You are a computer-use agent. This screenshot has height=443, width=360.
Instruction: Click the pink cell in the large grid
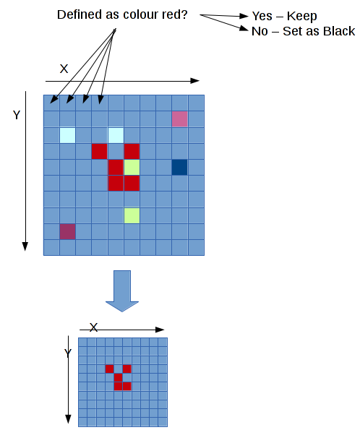pos(180,119)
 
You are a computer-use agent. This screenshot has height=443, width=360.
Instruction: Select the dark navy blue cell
pos(180,167)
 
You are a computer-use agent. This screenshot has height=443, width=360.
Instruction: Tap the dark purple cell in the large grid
pos(67,232)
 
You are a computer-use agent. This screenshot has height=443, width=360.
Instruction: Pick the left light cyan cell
pos(67,135)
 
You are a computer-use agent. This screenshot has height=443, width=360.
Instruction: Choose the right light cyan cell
pos(116,135)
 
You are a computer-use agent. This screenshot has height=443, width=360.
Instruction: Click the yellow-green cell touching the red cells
pos(132,167)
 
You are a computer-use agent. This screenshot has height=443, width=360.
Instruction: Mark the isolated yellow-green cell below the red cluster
pos(132,215)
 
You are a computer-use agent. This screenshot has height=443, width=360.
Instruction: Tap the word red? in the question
pos(175,14)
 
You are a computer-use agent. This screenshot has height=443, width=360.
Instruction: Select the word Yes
pos(262,16)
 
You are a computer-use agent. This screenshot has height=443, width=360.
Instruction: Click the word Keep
pos(301,17)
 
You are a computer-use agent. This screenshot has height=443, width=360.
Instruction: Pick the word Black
pos(339,31)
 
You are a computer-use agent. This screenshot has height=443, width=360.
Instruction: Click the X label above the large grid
pos(64,69)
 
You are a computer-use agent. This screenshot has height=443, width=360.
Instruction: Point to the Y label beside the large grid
pos(17,115)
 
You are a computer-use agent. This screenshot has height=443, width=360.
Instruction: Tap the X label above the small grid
pos(93,327)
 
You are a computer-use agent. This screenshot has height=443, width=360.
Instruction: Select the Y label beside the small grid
pos(68,353)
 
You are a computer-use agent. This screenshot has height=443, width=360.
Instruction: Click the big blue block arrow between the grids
pos(122,291)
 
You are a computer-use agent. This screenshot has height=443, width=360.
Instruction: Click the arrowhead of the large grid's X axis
pos(195,81)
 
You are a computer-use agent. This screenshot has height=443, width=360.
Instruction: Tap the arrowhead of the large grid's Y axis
pos(25,246)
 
